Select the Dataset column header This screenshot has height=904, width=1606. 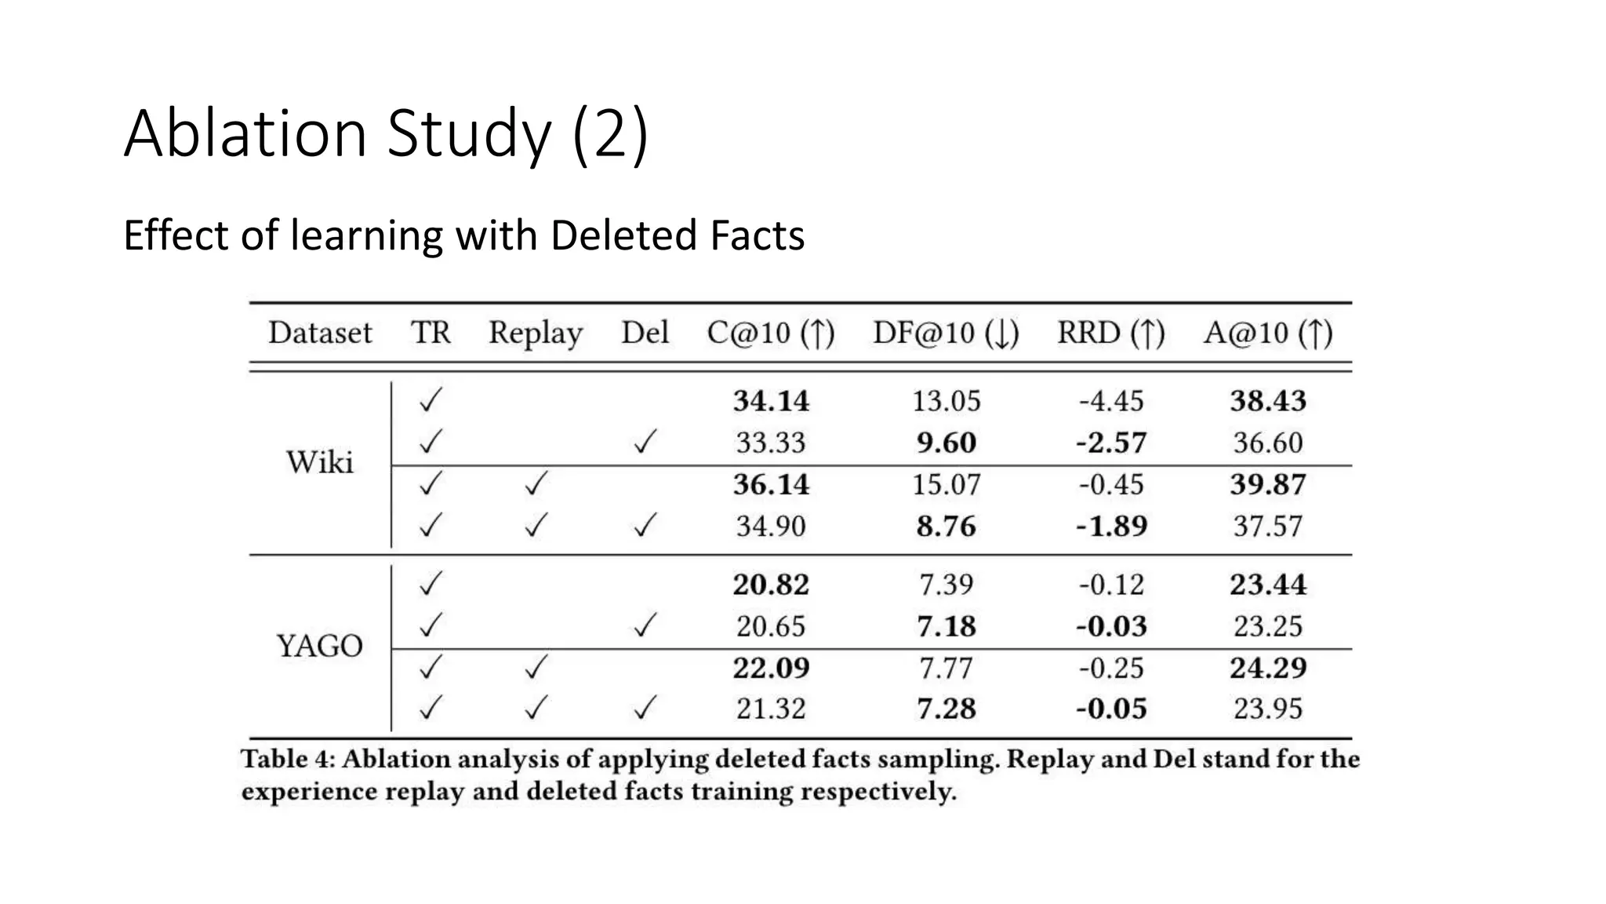pyautogui.click(x=320, y=333)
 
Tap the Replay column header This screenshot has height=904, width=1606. pyautogui.click(x=536, y=333)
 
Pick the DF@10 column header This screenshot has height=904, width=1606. pyautogui.click(x=946, y=333)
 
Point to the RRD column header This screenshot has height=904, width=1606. pyautogui.click(x=1110, y=333)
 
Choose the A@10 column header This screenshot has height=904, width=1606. pyautogui.click(x=1268, y=333)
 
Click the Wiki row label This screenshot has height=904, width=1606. pyautogui.click(x=320, y=462)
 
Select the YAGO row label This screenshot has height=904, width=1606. pyautogui.click(x=320, y=646)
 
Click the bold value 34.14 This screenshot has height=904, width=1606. pyautogui.click(x=771, y=401)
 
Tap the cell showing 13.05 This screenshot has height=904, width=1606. pyautogui.click(x=946, y=401)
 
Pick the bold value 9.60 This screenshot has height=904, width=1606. pyautogui.click(x=946, y=443)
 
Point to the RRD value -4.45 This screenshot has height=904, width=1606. pyautogui.click(x=1111, y=401)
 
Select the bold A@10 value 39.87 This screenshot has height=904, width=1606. pyautogui.click(x=1268, y=484)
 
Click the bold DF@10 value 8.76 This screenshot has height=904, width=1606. pyautogui.click(x=946, y=526)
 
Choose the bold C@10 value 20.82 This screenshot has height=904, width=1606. pyautogui.click(x=771, y=585)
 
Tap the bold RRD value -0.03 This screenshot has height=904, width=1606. pyautogui.click(x=1111, y=626)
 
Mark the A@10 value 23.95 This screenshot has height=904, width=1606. pyautogui.click(x=1268, y=709)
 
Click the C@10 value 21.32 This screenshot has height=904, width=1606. pyautogui.click(x=771, y=709)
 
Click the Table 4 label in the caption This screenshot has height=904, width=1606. pyautogui.click(x=287, y=759)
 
